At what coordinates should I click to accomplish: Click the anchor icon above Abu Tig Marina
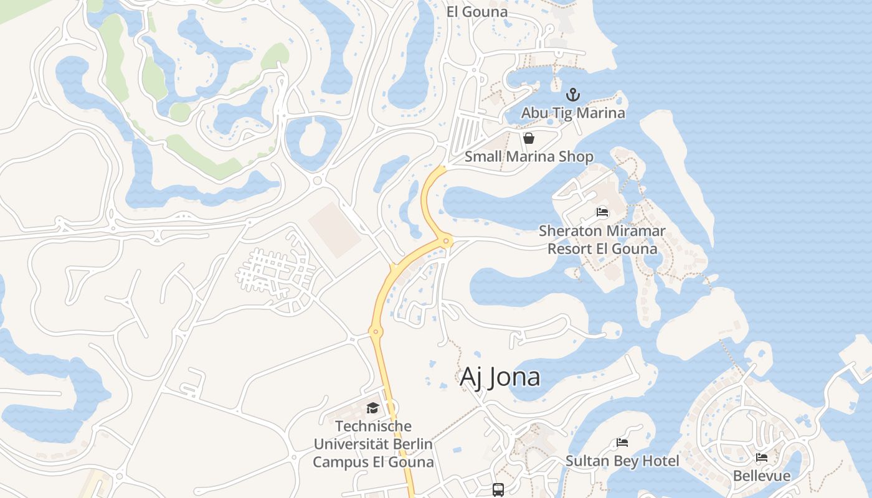coord(572,95)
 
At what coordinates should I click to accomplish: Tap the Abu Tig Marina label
coord(572,113)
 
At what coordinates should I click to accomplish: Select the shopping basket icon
coord(529,138)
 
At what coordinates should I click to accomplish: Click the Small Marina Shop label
coord(529,156)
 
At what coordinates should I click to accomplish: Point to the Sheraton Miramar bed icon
coord(602,212)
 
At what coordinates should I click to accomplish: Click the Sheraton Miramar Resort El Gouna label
coord(602,240)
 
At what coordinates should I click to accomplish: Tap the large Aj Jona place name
coord(500,377)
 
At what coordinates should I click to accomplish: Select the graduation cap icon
coord(372,408)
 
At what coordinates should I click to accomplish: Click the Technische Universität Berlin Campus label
coord(372,444)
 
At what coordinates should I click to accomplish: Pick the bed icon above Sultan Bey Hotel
coord(622,443)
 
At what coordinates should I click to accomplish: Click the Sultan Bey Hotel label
coord(622,461)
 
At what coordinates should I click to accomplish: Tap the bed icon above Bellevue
coord(761,458)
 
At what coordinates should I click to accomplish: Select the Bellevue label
coord(761,476)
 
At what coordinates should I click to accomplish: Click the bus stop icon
coord(498,489)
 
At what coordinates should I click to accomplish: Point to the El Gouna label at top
coord(477,11)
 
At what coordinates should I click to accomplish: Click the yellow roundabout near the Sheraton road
coord(446,241)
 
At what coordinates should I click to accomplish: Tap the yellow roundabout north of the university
coord(375,332)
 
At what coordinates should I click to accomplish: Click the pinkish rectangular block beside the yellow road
coord(334,229)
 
